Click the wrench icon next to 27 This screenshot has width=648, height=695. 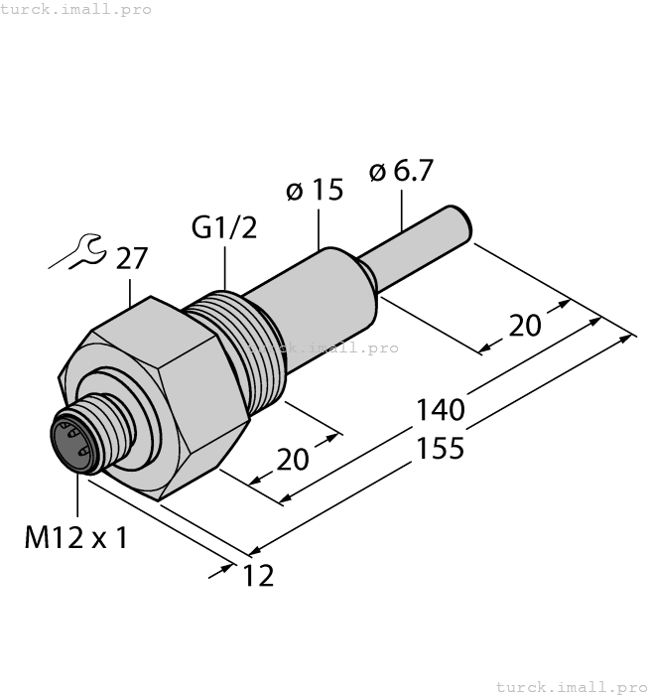pyautogui.click(x=77, y=253)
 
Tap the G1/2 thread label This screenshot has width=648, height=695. pyautogui.click(x=223, y=228)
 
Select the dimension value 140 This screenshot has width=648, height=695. pyautogui.click(x=441, y=409)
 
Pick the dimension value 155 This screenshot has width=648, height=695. pyautogui.click(x=441, y=448)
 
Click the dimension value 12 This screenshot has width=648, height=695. pyautogui.click(x=257, y=575)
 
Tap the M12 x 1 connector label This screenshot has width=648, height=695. pyautogui.click(x=76, y=538)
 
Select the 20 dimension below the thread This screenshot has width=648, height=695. pyautogui.click(x=292, y=460)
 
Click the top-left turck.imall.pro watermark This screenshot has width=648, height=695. pyautogui.click(x=76, y=9)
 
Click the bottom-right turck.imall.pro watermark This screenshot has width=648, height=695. pyautogui.click(x=570, y=686)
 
